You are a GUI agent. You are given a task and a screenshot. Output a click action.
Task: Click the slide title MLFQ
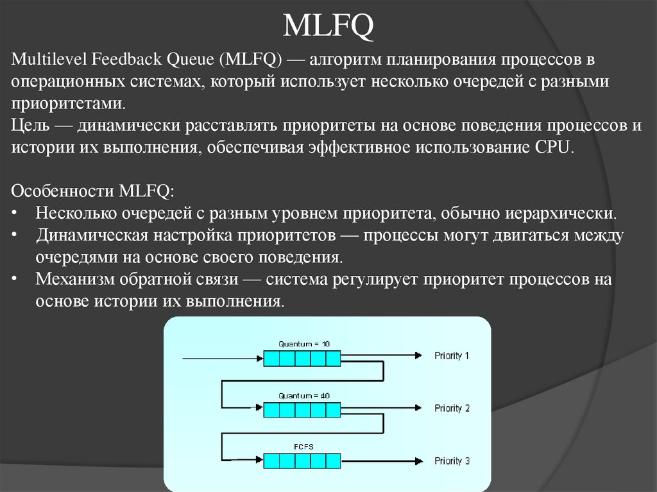pos(328,28)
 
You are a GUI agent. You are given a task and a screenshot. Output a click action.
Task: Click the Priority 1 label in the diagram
pos(452,355)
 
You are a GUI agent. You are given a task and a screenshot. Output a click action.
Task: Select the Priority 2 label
pos(452,408)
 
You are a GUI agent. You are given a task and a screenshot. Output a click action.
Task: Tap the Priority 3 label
pos(452,461)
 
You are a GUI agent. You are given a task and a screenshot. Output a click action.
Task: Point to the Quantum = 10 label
pos(304,344)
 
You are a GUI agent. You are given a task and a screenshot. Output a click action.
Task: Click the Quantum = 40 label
pos(304,396)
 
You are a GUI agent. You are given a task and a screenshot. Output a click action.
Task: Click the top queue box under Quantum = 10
pos(302,357)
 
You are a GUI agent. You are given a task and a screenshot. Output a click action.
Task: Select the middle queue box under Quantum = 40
pos(302,409)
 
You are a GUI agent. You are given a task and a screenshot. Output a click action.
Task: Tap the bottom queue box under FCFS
pos(302,461)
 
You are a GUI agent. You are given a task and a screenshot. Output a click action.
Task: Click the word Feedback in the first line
pos(126,61)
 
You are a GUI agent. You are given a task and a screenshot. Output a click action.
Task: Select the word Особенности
pos(61,191)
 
